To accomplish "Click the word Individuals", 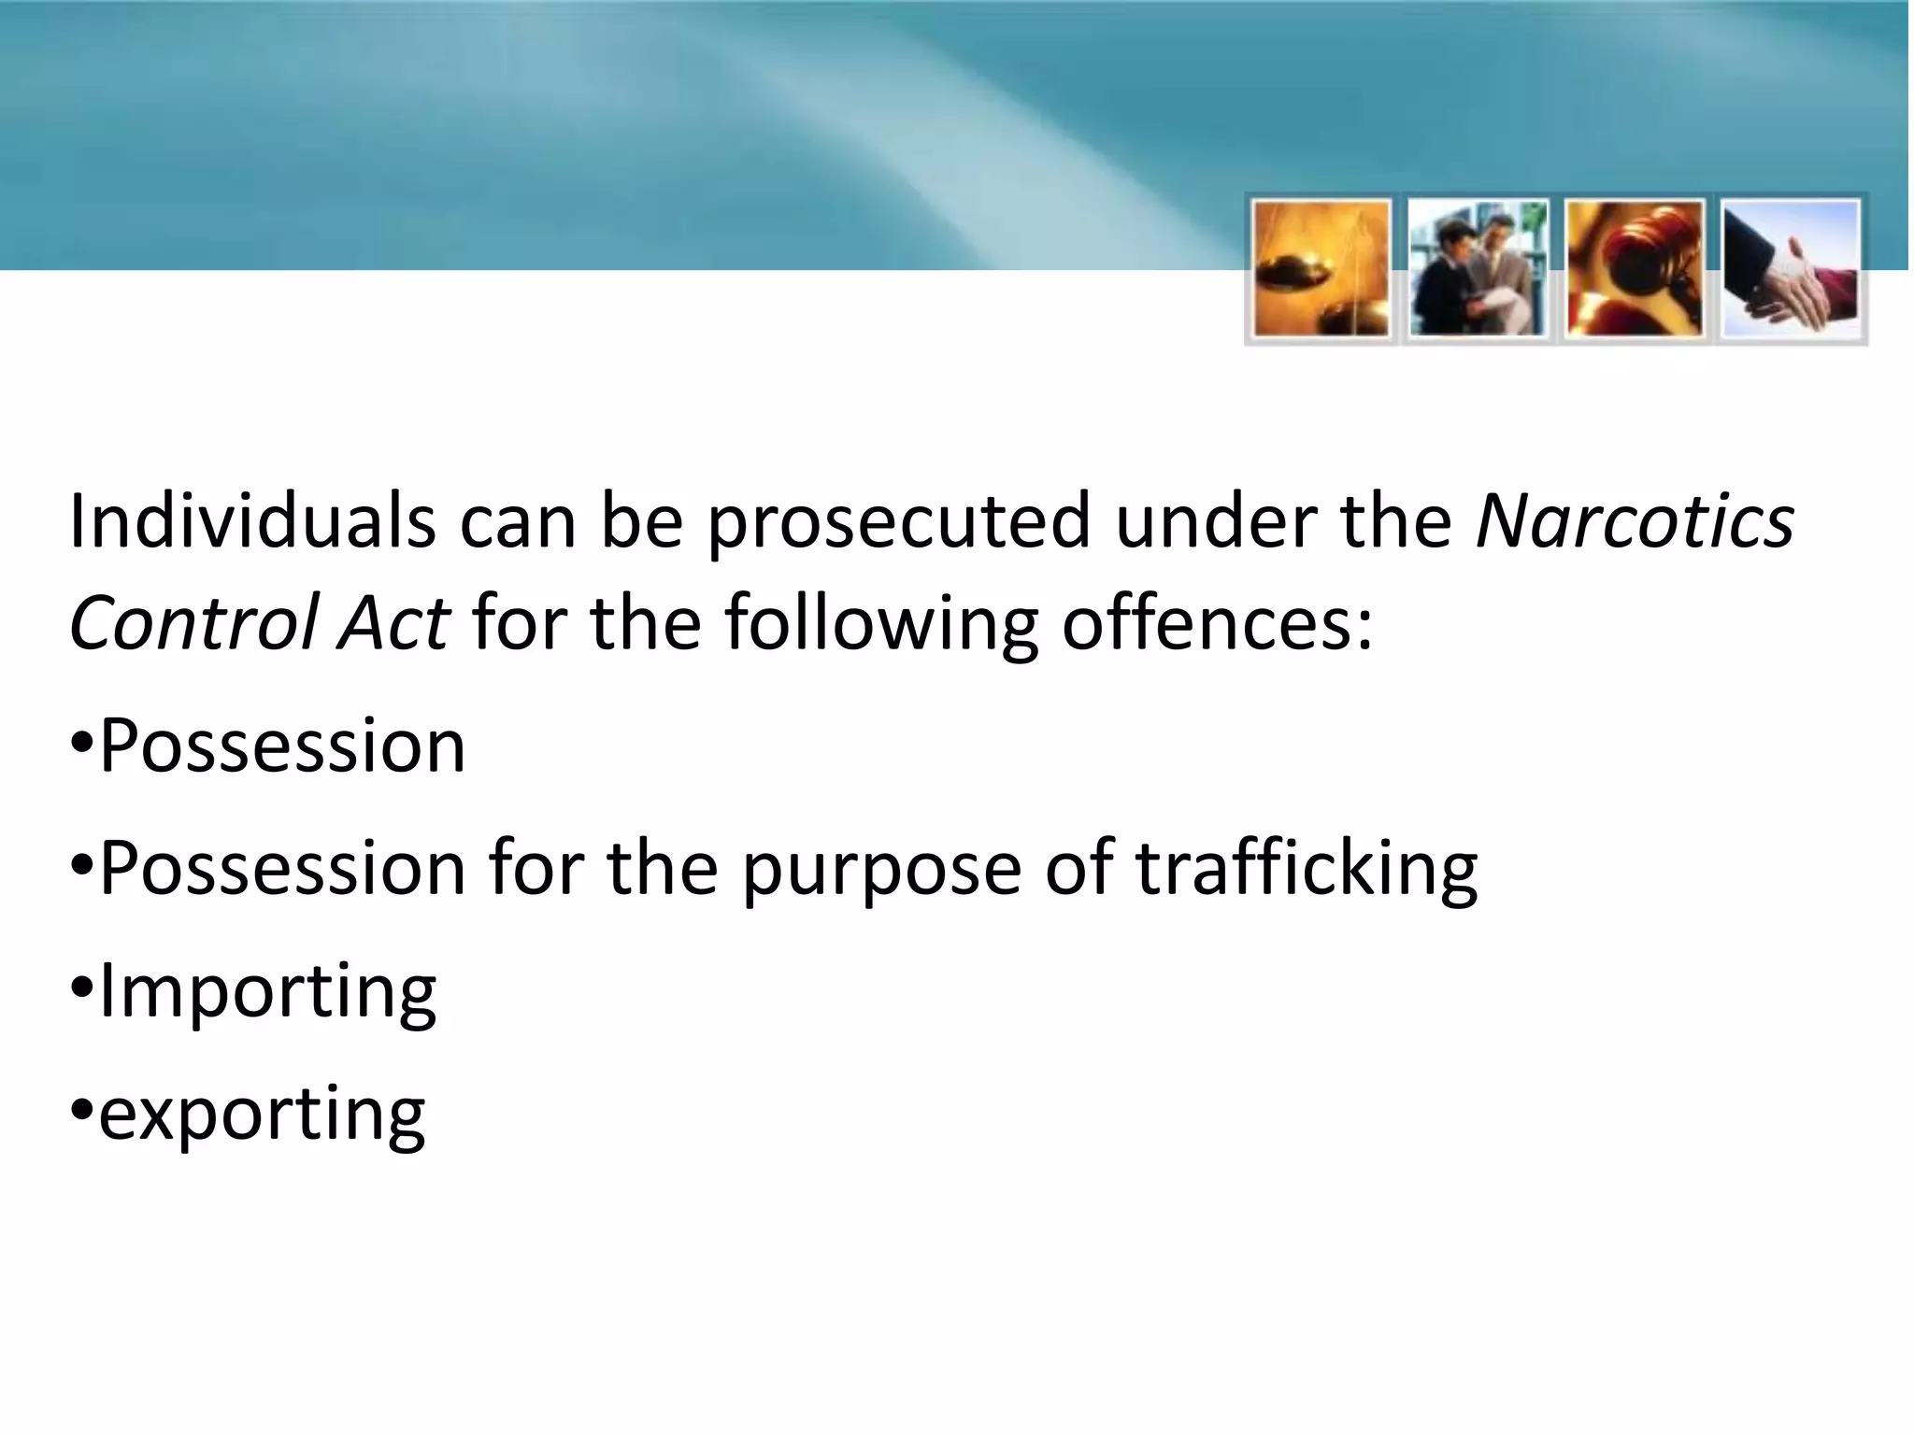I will point(252,520).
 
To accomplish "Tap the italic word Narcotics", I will point(1635,520).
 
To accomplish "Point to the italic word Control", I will point(193,623).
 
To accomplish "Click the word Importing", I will point(267,993).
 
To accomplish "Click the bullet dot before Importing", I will point(81,987).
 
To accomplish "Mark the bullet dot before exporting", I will point(81,1111).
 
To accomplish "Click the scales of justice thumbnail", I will point(1321,269).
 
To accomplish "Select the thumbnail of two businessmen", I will point(1478,269).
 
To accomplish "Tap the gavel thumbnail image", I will point(1635,269).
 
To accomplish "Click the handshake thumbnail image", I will point(1791,269).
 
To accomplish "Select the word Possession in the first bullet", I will point(281,747).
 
